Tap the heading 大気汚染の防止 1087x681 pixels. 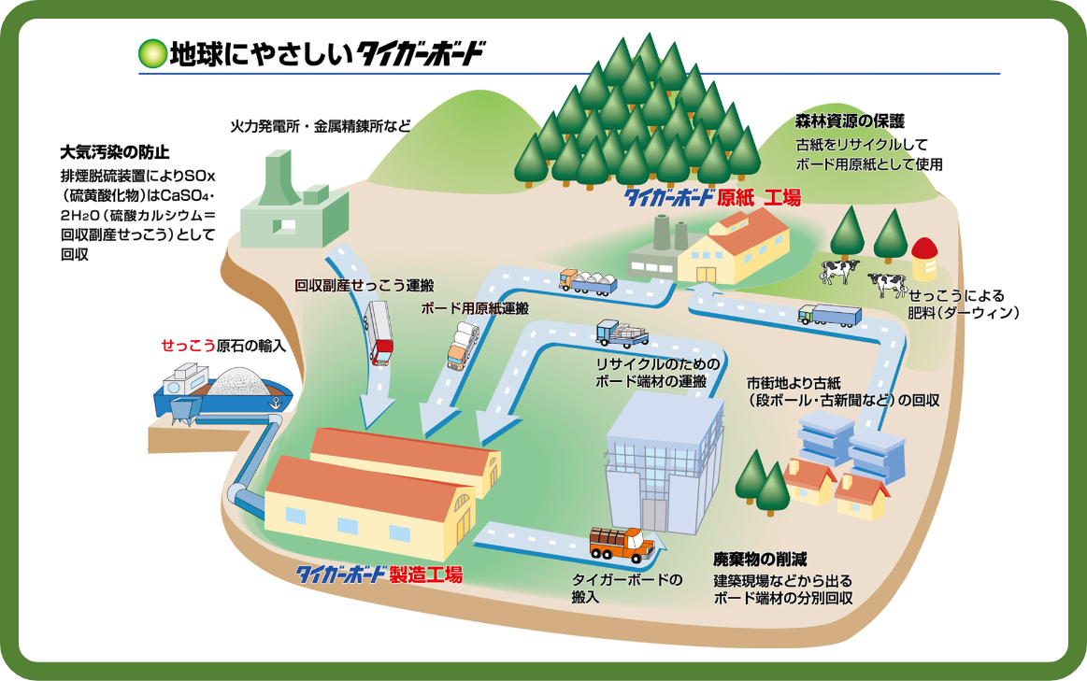point(115,151)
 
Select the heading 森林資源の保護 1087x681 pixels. point(850,121)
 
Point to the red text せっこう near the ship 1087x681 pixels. point(188,345)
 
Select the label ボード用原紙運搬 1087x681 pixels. point(476,307)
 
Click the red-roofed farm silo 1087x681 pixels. point(923,257)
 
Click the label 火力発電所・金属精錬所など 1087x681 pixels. point(321,124)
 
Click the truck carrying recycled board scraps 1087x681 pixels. point(622,333)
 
